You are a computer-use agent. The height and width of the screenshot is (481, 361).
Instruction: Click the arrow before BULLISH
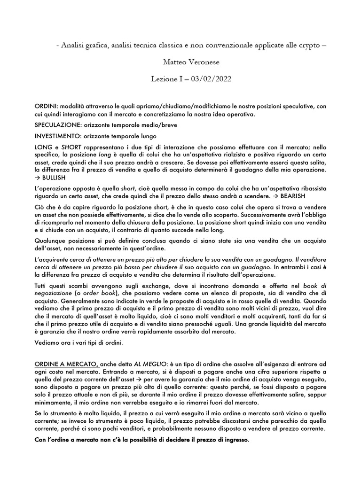38,178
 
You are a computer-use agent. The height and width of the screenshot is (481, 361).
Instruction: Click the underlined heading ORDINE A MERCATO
66,365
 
